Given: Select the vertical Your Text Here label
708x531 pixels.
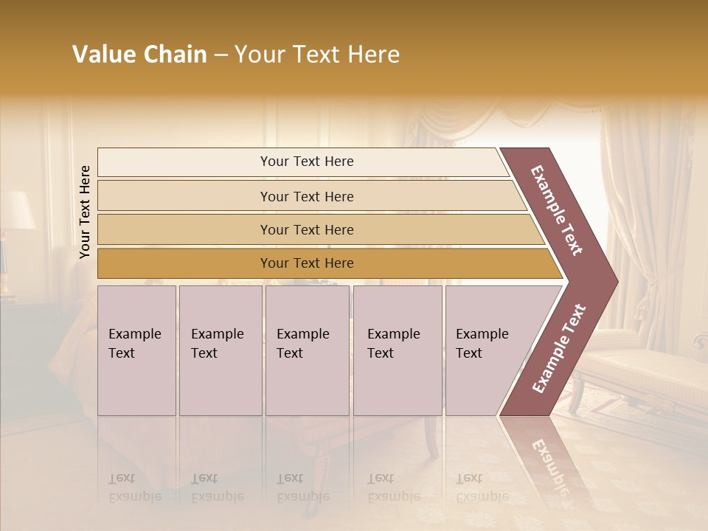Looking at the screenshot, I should [85, 212].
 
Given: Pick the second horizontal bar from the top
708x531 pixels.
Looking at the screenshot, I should [306, 196].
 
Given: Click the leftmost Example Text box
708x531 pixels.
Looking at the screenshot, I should [136, 350].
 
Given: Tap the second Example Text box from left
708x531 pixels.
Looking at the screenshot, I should [221, 350].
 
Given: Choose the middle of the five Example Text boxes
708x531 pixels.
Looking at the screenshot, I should [307, 350].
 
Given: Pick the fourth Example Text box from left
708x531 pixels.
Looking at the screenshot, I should [398, 350].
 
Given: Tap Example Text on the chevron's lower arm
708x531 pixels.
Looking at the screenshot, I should [559, 348].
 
